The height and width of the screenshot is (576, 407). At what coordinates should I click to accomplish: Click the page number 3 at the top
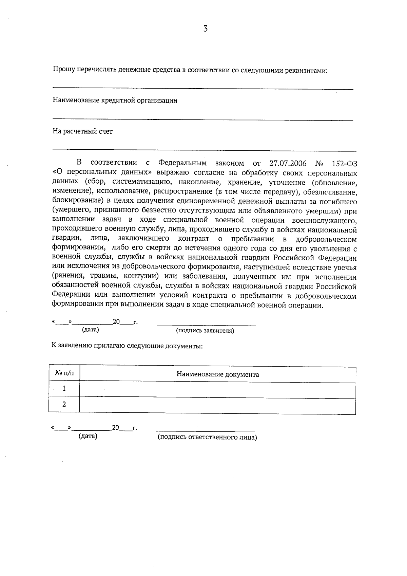[205, 29]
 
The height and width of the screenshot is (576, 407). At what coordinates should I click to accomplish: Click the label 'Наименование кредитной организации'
[115, 100]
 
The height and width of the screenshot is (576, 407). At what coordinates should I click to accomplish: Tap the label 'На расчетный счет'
[82, 131]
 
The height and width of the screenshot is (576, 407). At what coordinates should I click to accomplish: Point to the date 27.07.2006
[288, 164]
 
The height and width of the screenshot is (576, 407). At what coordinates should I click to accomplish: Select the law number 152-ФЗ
[344, 164]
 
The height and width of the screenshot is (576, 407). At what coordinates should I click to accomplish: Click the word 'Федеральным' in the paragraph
[182, 163]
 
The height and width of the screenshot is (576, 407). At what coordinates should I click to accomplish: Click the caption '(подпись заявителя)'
[205, 331]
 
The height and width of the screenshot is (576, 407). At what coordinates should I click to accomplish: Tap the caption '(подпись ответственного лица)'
[207, 437]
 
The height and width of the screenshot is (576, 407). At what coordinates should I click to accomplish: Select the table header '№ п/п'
[64, 374]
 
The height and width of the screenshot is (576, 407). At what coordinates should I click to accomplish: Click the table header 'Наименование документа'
[217, 374]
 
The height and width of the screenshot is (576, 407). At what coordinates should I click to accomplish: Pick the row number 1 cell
[64, 388]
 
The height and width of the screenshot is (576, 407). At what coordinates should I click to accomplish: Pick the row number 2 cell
[64, 404]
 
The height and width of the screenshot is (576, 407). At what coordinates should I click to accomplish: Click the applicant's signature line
[206, 325]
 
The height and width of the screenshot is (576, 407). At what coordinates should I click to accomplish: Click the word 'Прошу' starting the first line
[64, 71]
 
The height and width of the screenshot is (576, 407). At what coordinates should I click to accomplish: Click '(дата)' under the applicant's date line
[90, 330]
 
